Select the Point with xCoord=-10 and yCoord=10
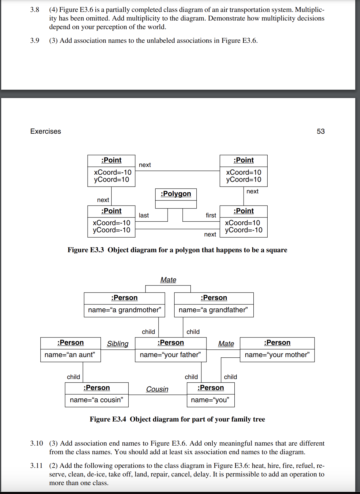(111, 171)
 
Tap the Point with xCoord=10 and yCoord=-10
(244, 221)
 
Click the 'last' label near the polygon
(144, 215)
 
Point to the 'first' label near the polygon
(211, 215)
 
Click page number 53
(320, 131)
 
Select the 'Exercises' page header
(45, 131)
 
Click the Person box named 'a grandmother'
(124, 305)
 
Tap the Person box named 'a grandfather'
(214, 305)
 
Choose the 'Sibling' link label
(118, 344)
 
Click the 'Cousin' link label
(157, 389)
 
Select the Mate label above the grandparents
(168, 280)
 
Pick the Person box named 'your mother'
(277, 349)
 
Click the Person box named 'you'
(210, 394)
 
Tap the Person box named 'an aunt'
(70, 349)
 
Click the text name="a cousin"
(97, 400)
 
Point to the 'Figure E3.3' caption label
(86, 250)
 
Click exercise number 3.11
(36, 465)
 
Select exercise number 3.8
(34, 10)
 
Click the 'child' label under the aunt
(73, 377)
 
